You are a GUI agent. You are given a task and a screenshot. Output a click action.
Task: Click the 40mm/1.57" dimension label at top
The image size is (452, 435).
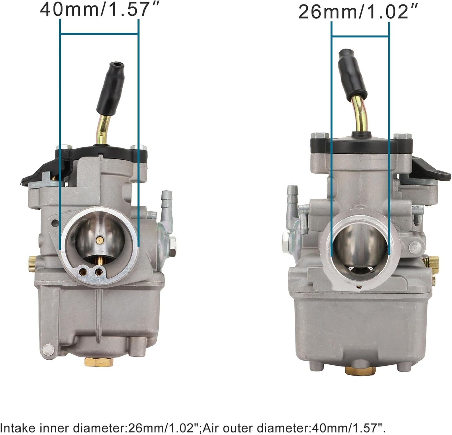click(100, 9)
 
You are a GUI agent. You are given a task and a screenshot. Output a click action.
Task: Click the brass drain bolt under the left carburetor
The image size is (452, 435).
click(99, 361)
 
